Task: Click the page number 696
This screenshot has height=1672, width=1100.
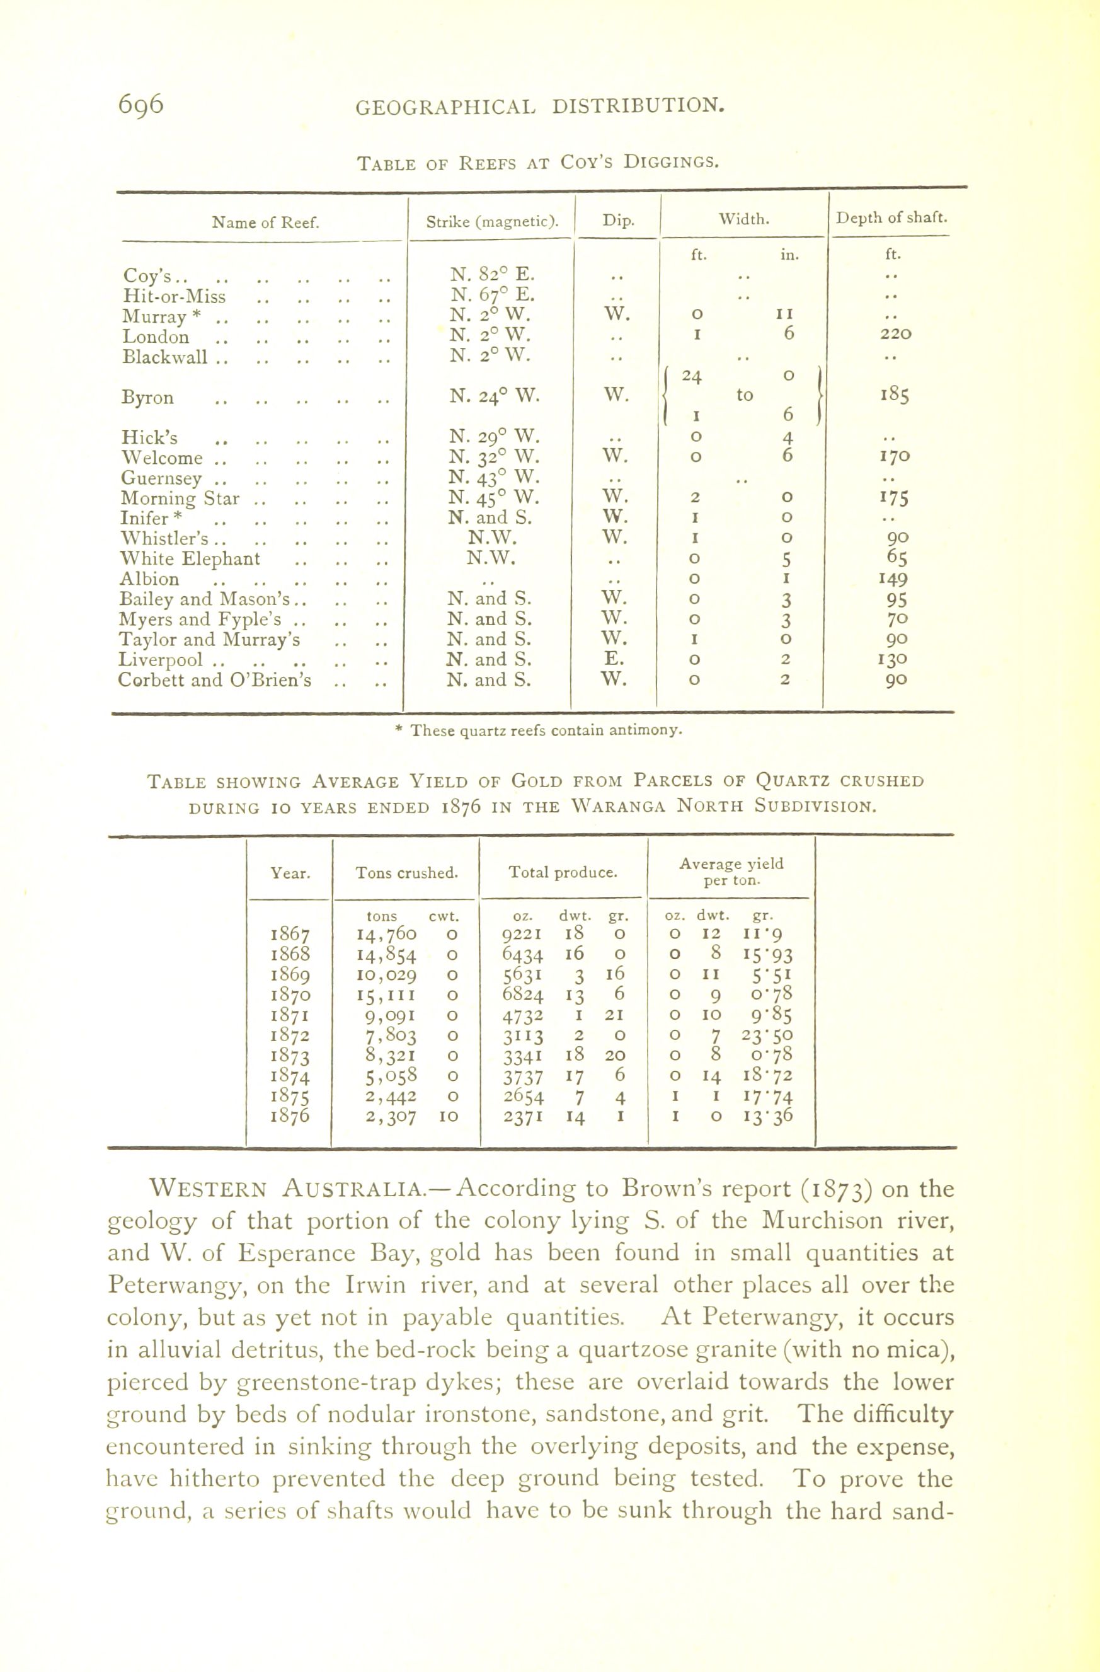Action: point(140,104)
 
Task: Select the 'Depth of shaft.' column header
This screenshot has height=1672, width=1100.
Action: point(891,218)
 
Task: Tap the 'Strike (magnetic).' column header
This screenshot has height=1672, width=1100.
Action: point(491,222)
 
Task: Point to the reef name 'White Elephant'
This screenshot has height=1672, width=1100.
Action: point(190,559)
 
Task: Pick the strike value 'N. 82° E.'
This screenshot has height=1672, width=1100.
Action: point(491,274)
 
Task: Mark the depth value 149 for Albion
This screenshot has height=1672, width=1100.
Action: point(893,580)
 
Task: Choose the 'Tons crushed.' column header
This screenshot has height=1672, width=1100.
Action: point(407,873)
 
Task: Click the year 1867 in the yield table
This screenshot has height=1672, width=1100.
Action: point(289,935)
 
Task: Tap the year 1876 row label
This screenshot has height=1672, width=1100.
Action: point(289,1116)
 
